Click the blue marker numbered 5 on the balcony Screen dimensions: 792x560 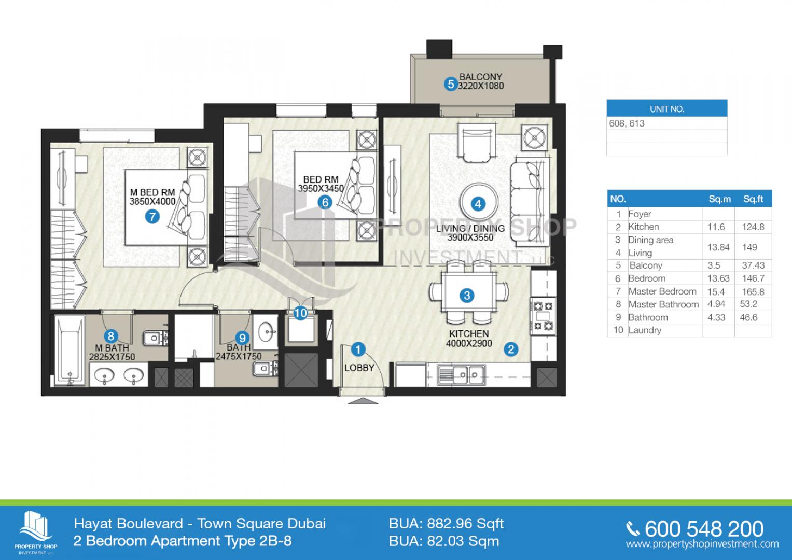(450, 84)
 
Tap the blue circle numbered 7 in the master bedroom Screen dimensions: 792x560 (152, 216)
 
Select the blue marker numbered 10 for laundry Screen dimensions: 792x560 (300, 313)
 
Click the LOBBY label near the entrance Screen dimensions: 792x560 (359, 368)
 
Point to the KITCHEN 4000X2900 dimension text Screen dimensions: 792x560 (469, 338)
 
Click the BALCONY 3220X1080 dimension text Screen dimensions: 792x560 (480, 81)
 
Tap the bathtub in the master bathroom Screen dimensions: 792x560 (70, 351)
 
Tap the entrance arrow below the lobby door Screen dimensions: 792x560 (363, 401)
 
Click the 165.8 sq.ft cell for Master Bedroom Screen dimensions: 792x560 (753, 291)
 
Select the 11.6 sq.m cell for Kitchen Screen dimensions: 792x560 (716, 227)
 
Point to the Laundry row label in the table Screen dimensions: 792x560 (645, 330)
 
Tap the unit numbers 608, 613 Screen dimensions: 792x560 (627, 123)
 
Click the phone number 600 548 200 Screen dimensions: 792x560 (704, 529)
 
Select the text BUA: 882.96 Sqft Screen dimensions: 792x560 (446, 524)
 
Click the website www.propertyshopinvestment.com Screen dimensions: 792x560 (702, 544)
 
